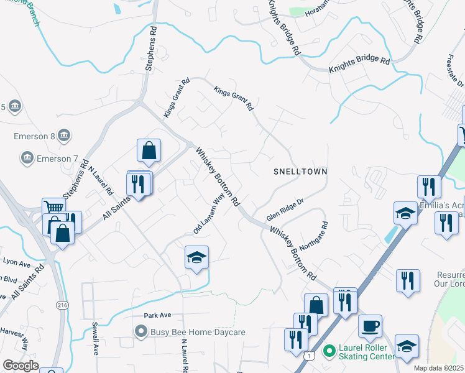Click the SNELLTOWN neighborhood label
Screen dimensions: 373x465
pos(300,171)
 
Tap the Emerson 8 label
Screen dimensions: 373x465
pos(35,136)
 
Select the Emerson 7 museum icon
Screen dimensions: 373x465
pos(27,159)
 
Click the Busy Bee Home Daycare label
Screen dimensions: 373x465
pos(198,332)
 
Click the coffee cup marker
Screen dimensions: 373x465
pos(370,326)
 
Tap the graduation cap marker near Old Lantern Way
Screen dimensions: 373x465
pos(196,257)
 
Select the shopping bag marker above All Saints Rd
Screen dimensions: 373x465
pos(149,150)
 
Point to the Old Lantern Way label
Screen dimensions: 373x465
pos(208,213)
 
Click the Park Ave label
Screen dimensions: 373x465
pos(157,316)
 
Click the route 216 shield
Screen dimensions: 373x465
pos(63,305)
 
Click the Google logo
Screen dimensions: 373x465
pos(21,365)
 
